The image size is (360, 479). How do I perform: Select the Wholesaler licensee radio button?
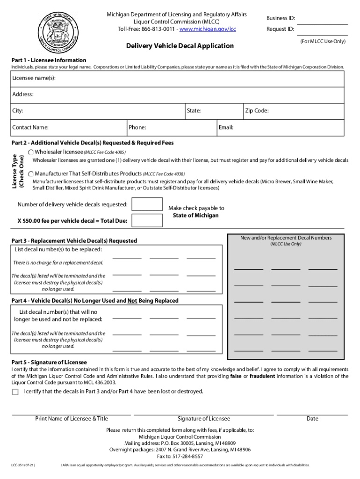coord(31,152)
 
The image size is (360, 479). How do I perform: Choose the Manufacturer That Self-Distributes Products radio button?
coord(31,173)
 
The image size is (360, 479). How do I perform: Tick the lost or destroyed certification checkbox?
coord(15,392)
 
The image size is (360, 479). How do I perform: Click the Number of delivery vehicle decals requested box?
coord(147,204)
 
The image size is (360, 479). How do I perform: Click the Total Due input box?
coord(147,220)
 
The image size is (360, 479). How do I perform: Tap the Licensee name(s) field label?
coord(34,78)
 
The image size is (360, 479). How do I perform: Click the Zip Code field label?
coord(257,111)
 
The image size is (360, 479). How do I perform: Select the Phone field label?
coord(137,127)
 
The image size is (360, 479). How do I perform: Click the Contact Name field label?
coord(30,127)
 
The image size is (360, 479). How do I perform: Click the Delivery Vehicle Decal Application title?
coord(180,46)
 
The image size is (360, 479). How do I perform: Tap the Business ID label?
coord(281,18)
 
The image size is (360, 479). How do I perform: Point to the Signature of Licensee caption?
coord(204,419)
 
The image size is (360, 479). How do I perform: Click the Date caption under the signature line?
coord(312,419)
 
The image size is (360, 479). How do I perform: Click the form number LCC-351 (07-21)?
coord(23,465)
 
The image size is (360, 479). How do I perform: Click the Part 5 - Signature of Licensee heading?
coord(49,363)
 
